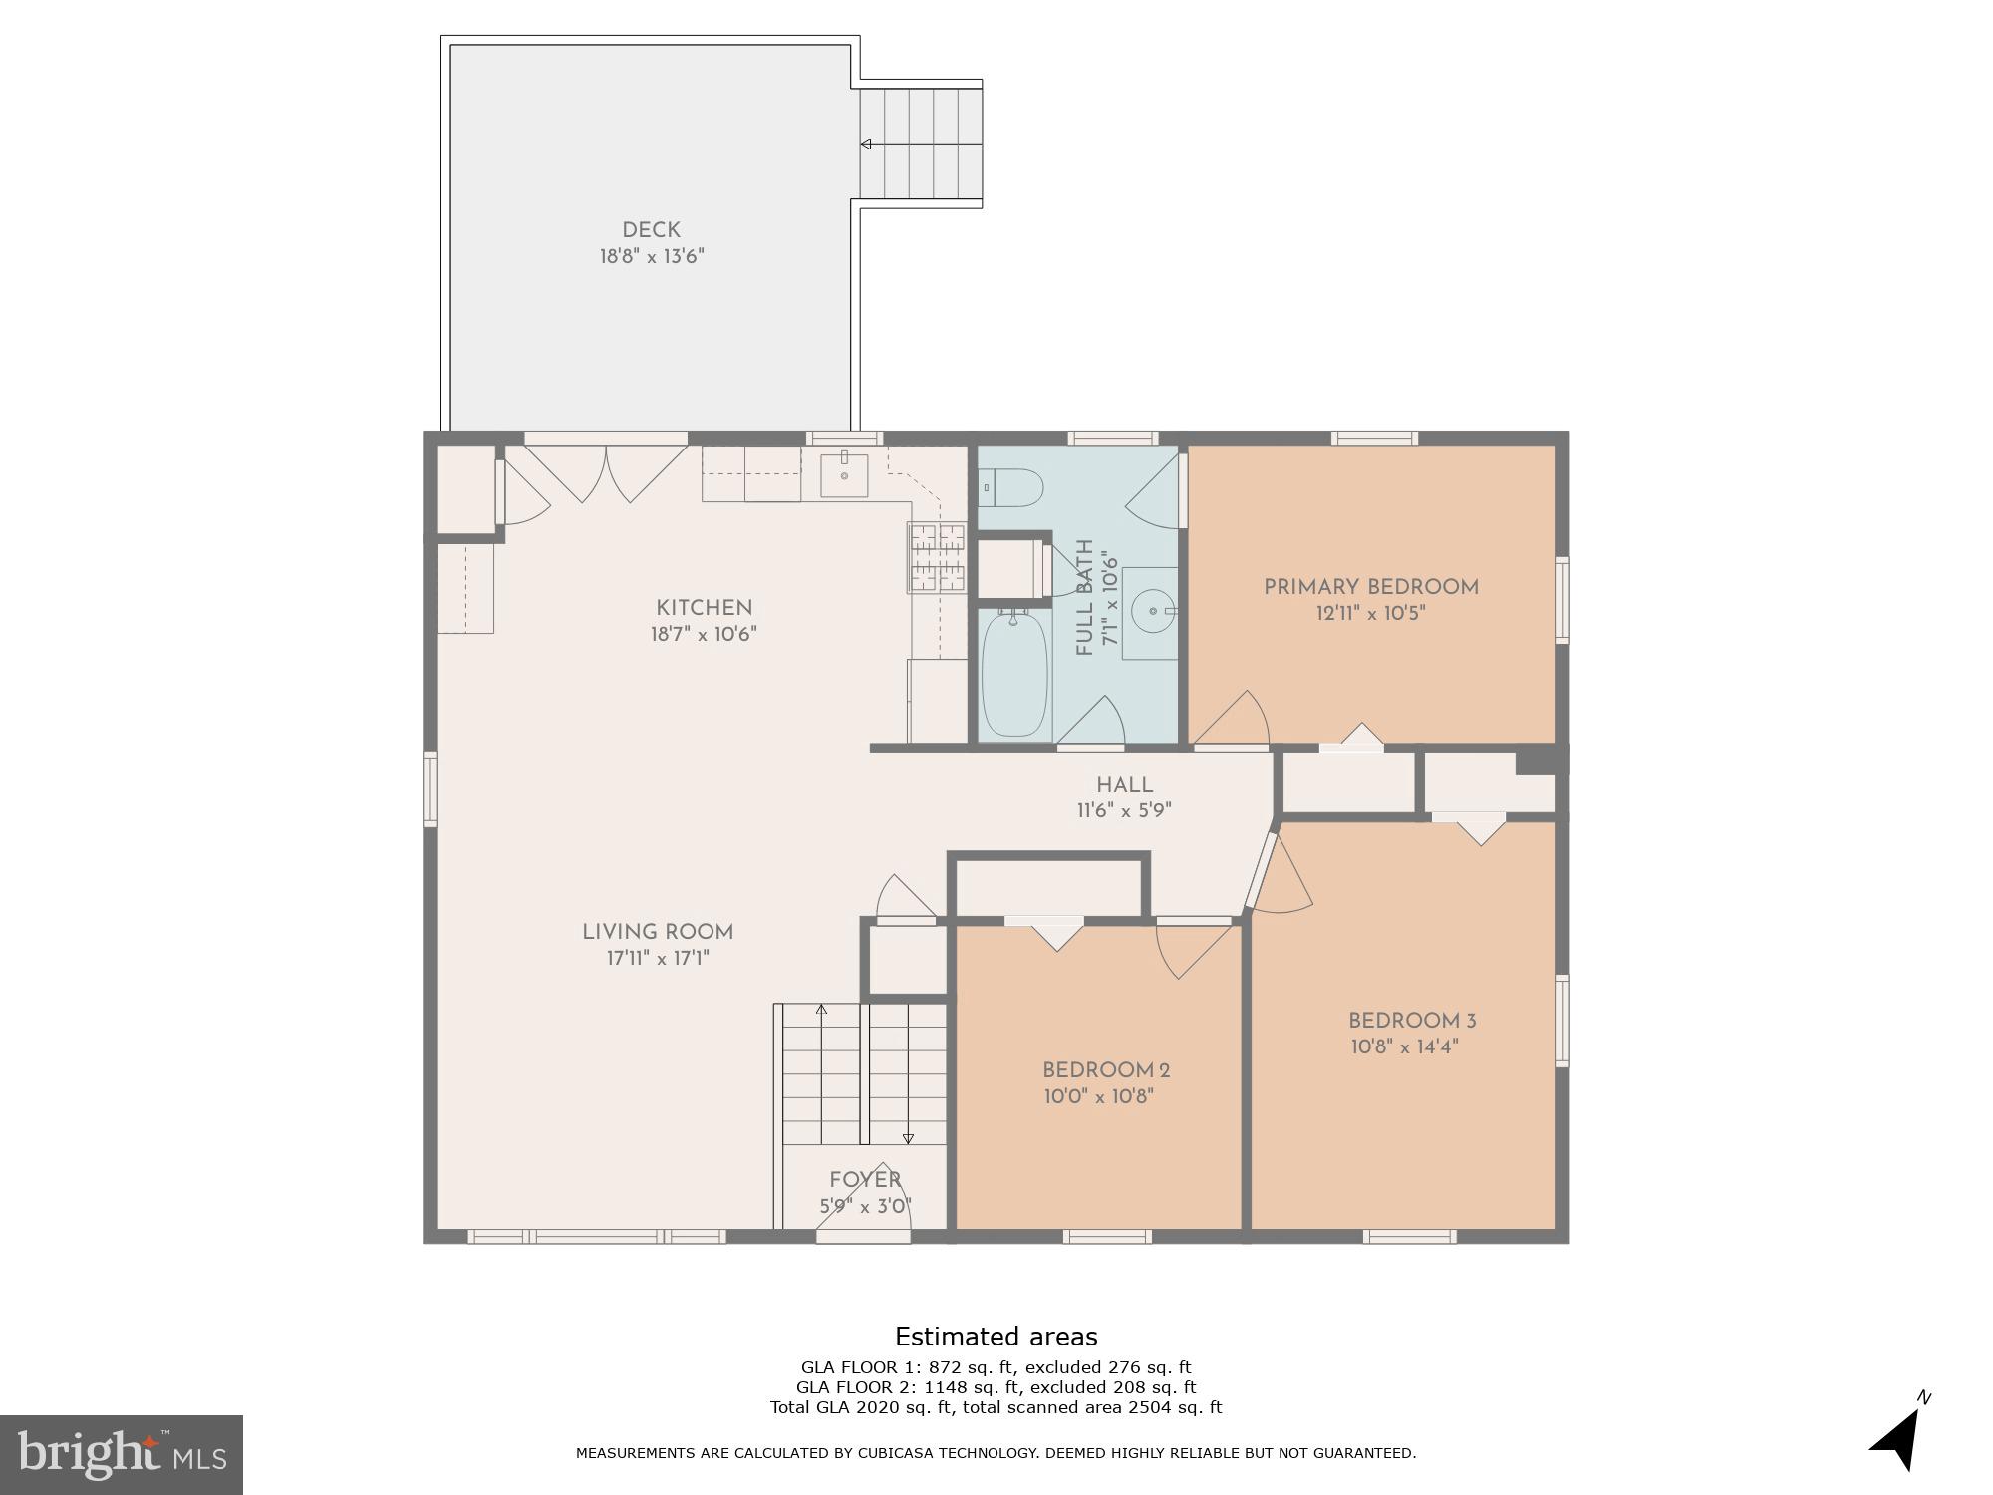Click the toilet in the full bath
1013,488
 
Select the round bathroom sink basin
1153,610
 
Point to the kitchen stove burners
937,557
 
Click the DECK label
651,230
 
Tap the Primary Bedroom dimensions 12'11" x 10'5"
1370,613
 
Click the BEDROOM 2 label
1105,1070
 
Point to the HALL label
1124,785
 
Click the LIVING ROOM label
658,932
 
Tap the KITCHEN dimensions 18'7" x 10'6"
704,634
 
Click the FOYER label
865,1180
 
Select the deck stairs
922,144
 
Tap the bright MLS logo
121,1455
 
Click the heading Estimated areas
996,1337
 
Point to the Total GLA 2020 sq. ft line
996,1407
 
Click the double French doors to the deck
606,471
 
